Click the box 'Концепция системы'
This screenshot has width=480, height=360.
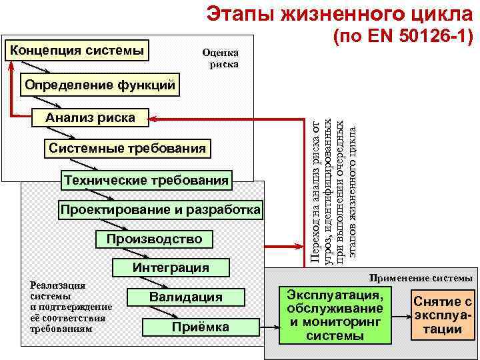pos(77,50)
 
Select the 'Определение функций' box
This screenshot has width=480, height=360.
pos(100,85)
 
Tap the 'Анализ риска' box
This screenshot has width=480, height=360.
pos(90,118)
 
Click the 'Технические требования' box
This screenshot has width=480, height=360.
pos(146,180)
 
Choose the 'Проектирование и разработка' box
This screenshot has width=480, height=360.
pos(161,210)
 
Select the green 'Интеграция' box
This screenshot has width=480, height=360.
pos(171,268)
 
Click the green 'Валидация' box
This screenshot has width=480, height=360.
pos(185,297)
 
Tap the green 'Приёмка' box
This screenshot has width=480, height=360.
pos(200,327)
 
